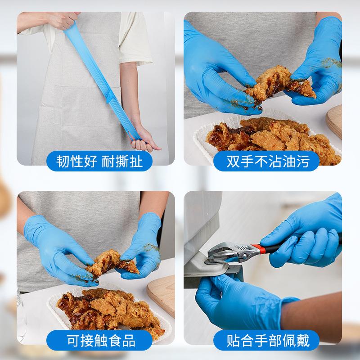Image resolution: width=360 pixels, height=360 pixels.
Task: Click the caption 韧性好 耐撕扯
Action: point(99,161)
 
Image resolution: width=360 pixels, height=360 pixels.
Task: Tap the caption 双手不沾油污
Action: point(261,161)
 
